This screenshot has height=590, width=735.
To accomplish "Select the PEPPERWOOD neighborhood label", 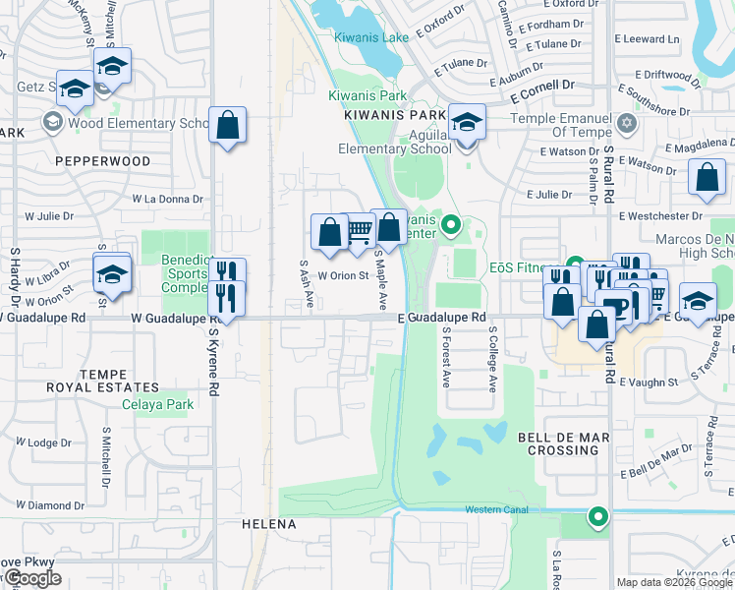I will pos(103,160).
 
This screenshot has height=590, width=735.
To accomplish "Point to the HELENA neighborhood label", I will pos(269,524).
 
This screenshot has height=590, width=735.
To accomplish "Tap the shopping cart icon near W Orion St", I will pos(360,231).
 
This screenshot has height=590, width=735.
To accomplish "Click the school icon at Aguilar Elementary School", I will pos(467,122).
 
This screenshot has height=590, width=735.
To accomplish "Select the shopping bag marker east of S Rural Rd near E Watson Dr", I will pos(707,178).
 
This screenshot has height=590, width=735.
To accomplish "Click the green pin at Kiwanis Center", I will pos(451,226).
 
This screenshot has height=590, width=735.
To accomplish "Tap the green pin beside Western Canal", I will pos(597,515).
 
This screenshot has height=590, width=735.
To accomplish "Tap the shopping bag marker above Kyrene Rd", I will pos(227,126).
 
